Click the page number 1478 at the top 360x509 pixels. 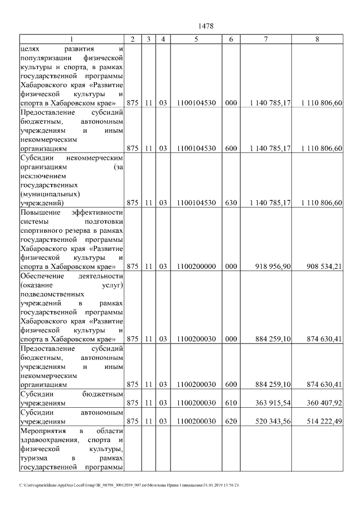click(206, 26)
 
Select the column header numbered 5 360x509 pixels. click(196, 39)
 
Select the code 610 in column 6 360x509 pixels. click(231, 403)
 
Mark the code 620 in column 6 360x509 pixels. click(231, 421)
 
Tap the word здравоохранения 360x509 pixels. click(48, 439)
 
